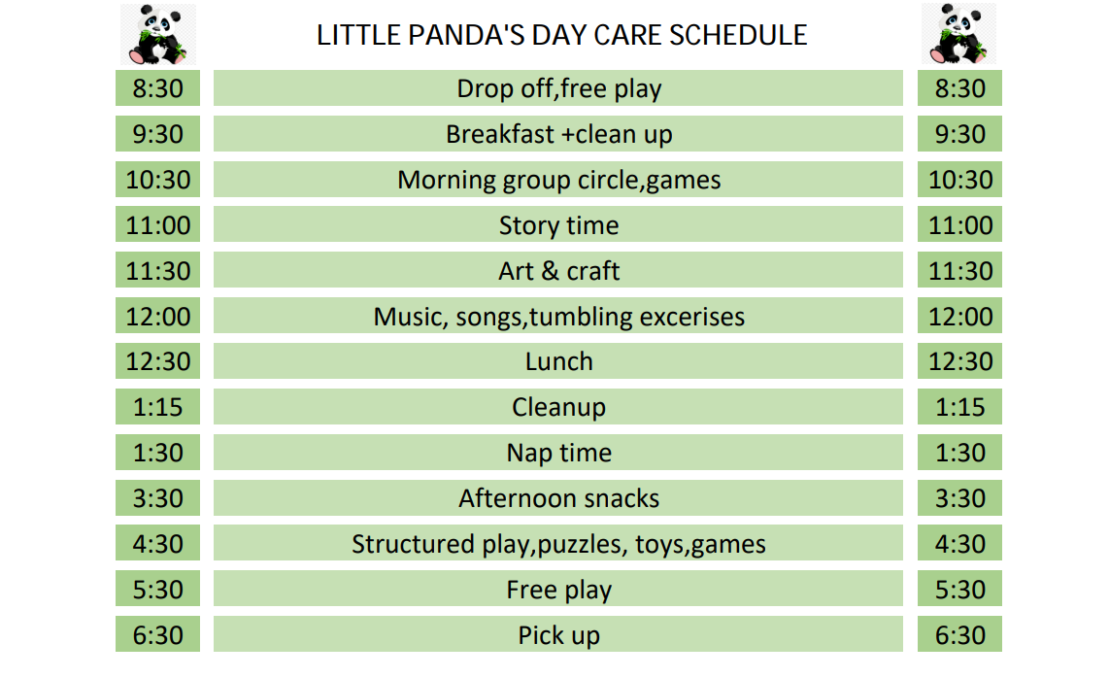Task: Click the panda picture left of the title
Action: [x=157, y=34]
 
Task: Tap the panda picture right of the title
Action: [x=959, y=34]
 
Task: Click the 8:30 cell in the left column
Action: [x=157, y=88]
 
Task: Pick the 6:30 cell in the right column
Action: [x=959, y=635]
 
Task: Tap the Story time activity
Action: [x=558, y=225]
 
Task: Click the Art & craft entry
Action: [x=558, y=271]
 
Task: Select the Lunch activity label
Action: [x=558, y=361]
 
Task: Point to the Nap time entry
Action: [x=558, y=453]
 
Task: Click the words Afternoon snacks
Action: [x=558, y=498]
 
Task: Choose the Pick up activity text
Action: [x=558, y=635]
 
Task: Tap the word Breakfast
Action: [x=499, y=134]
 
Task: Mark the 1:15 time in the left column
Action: [x=157, y=407]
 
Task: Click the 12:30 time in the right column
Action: [x=959, y=361]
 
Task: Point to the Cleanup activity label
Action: [x=558, y=407]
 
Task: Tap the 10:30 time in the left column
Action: [x=157, y=180]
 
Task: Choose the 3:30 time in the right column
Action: [x=959, y=498]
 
